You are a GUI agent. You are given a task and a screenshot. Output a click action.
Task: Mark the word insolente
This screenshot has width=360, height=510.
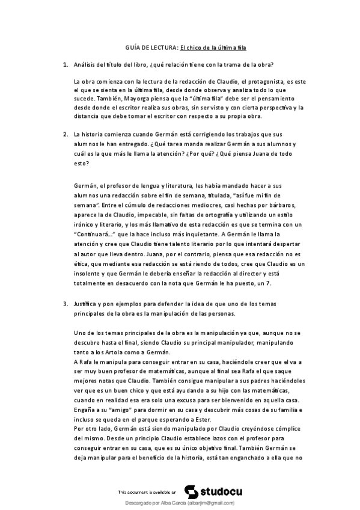(90, 267)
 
